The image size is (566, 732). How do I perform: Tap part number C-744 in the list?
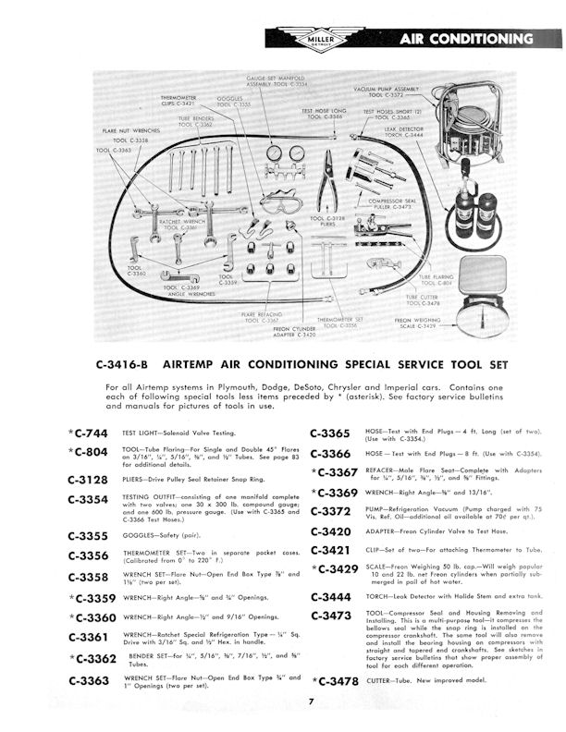pos(92,433)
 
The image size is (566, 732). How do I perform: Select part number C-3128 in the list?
pos(92,481)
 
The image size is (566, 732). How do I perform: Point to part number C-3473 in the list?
pos(331,616)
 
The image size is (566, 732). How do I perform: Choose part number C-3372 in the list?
pos(331,511)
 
